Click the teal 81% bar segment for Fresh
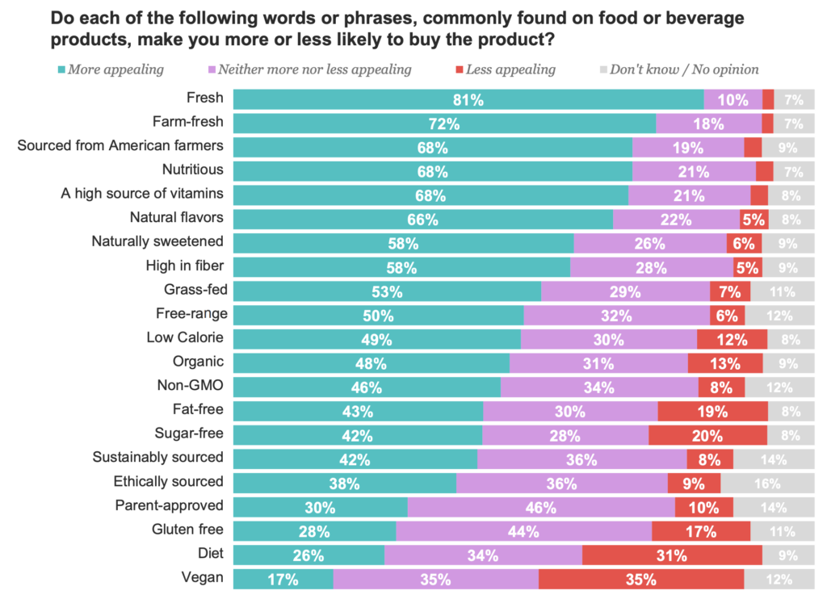(x=468, y=100)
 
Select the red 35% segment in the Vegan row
(x=641, y=579)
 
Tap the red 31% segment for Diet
(x=671, y=555)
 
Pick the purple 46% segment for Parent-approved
(x=540, y=508)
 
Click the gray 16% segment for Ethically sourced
(x=767, y=484)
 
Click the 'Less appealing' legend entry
(x=508, y=69)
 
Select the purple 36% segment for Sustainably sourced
(x=581, y=459)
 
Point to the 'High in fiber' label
(x=184, y=266)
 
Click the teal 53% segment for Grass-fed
(x=387, y=291)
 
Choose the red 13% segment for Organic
(x=724, y=363)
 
